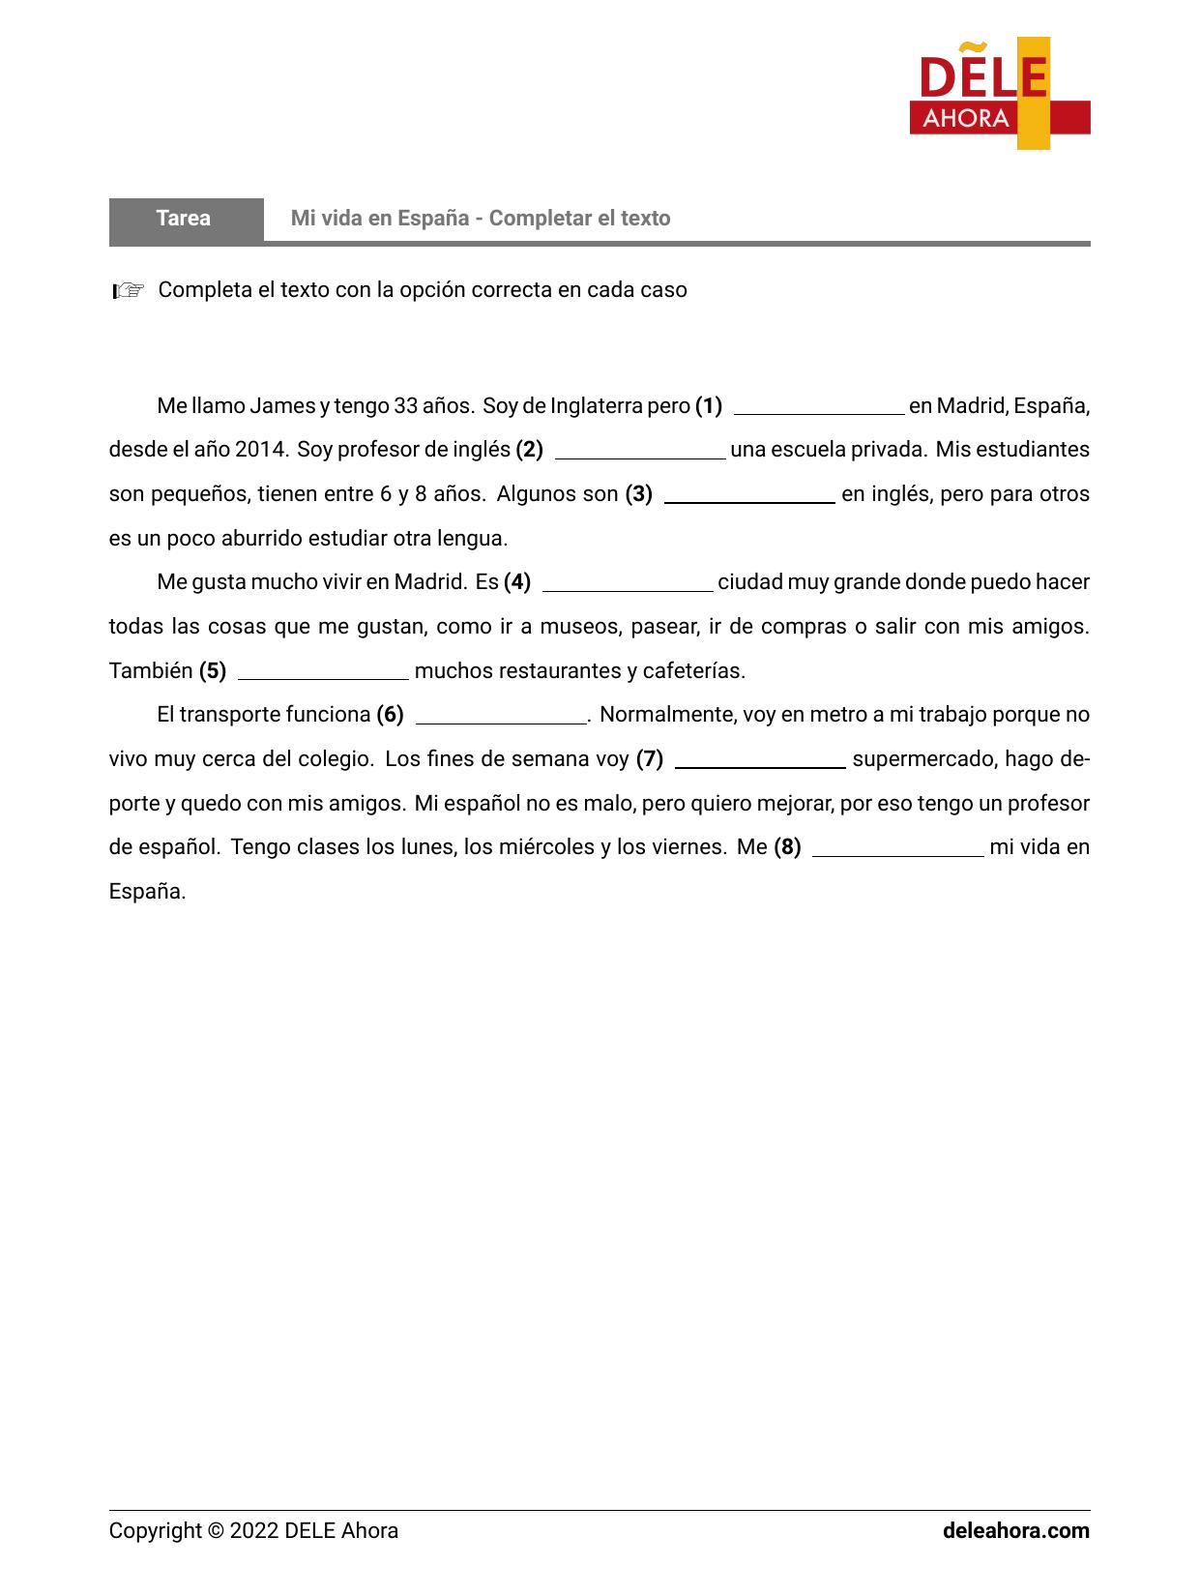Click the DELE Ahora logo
coord(999,94)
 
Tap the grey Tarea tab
coord(185,219)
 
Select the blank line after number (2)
coord(640,453)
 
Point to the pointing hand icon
coord(128,290)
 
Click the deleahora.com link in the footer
coord(1015,1530)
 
